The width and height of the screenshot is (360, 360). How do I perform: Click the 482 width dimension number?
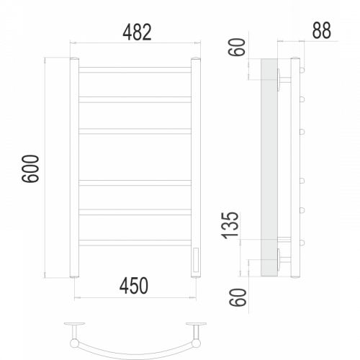137,32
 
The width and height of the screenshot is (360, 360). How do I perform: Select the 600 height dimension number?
30,168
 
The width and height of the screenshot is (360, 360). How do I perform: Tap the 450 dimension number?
134,286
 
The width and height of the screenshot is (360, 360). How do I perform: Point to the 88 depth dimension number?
322,30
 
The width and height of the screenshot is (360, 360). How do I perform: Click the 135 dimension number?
231,225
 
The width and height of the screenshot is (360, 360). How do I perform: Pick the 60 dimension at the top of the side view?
237,48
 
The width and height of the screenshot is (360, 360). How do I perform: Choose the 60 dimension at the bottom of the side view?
238,297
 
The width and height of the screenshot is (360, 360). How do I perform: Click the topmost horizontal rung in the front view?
135,70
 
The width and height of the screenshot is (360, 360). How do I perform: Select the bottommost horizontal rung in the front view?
135,243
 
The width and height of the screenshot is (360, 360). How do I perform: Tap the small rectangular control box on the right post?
196,260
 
